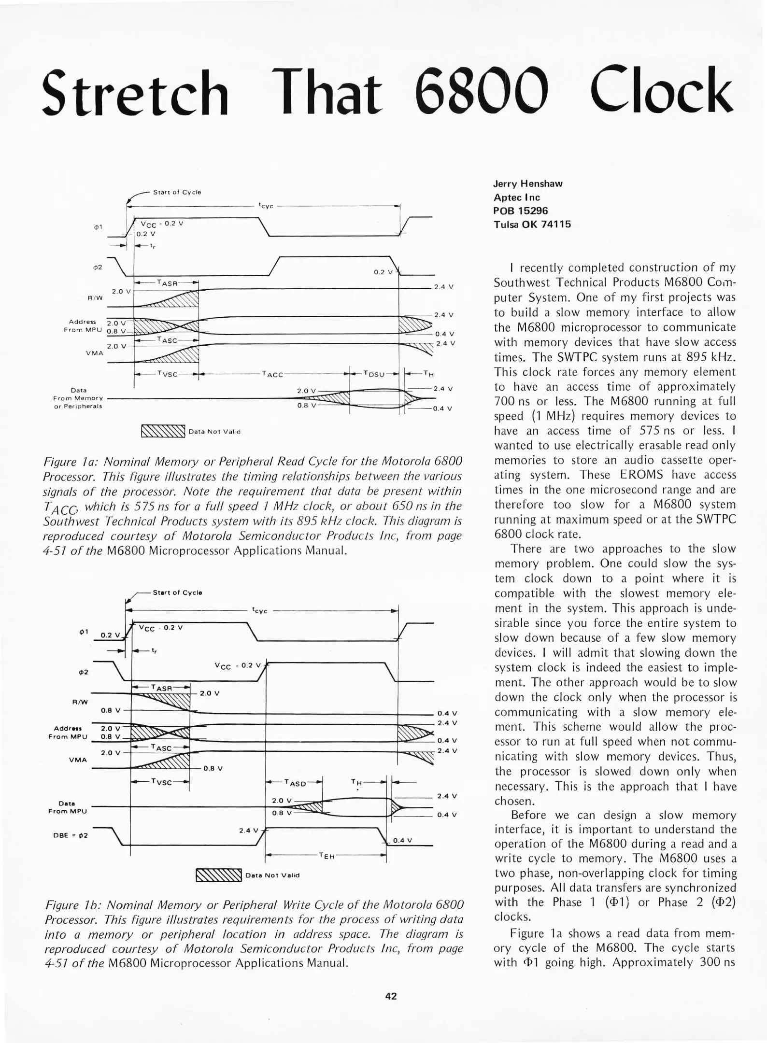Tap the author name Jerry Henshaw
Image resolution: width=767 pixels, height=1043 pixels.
point(528,183)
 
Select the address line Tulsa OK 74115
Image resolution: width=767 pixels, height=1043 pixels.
point(532,224)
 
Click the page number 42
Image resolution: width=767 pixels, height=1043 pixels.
point(391,996)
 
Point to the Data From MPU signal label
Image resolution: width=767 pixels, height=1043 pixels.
point(68,807)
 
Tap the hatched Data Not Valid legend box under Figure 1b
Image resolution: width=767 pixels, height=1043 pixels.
point(218,875)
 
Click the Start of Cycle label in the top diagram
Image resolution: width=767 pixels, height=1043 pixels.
point(177,192)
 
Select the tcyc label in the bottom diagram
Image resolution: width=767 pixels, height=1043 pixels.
point(260,610)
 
